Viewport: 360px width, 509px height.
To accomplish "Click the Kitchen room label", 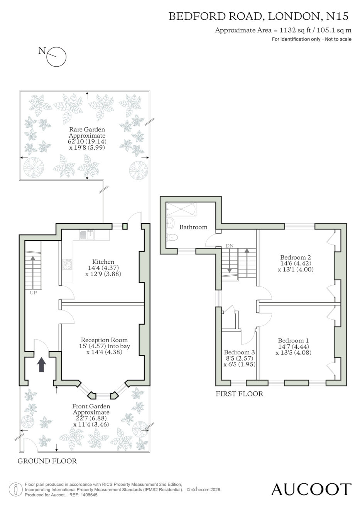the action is [103, 261].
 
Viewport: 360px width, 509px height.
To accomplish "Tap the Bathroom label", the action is [193, 227].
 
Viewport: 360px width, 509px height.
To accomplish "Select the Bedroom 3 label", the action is [240, 352].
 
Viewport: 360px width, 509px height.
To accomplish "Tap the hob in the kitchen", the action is [67, 264].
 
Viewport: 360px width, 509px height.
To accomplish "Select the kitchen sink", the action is [87, 235].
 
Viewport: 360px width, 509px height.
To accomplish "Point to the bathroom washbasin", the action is [170, 223].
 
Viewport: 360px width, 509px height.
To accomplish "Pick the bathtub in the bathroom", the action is [181, 209].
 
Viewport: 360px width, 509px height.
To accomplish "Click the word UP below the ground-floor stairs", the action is [33, 293].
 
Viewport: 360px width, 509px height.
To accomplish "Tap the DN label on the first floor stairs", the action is [230, 246].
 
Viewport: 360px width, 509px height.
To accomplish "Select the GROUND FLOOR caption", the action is [47, 461].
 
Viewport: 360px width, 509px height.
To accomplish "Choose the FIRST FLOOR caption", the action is [239, 394].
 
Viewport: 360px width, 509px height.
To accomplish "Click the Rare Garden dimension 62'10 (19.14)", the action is [87, 142].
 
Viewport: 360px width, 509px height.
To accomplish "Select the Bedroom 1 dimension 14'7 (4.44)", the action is [293, 347].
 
